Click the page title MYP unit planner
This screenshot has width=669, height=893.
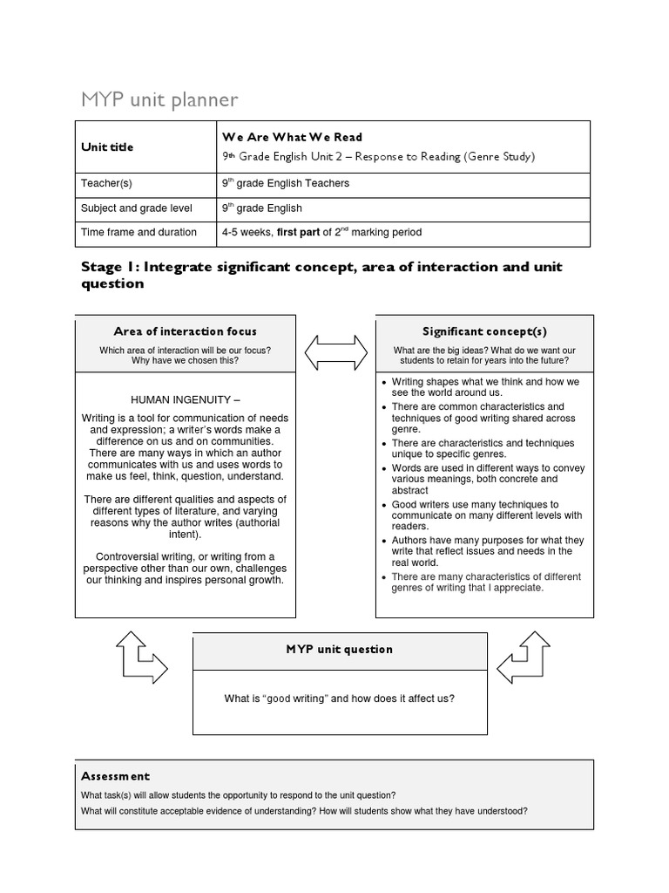pyautogui.click(x=159, y=100)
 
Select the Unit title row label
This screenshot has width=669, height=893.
pyautogui.click(x=107, y=147)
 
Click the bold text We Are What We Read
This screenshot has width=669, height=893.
pyautogui.click(x=292, y=137)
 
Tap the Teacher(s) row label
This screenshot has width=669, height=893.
pyautogui.click(x=106, y=184)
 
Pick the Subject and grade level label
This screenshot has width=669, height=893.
pyautogui.click(x=137, y=208)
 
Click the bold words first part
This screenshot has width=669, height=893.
pyautogui.click(x=298, y=233)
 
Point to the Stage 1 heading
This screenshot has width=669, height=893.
pyautogui.click(x=321, y=275)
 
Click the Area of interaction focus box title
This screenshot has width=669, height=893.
pyautogui.click(x=185, y=331)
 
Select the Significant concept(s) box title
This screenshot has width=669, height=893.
pyautogui.click(x=484, y=331)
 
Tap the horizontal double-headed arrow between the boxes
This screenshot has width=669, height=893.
pyautogui.click(x=335, y=352)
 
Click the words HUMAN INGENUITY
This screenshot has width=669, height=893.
pyautogui.click(x=185, y=399)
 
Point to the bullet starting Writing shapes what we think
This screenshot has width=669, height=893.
pyautogui.click(x=484, y=387)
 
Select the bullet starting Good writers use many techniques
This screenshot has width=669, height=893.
pyautogui.click(x=487, y=515)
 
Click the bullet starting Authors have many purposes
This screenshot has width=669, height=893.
pyautogui.click(x=487, y=551)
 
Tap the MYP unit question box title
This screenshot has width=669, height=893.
pyautogui.click(x=339, y=650)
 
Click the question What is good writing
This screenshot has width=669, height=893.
pyautogui.click(x=339, y=699)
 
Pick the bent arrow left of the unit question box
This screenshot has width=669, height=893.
pyautogui.click(x=140, y=658)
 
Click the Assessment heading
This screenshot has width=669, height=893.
pyautogui.click(x=115, y=776)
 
